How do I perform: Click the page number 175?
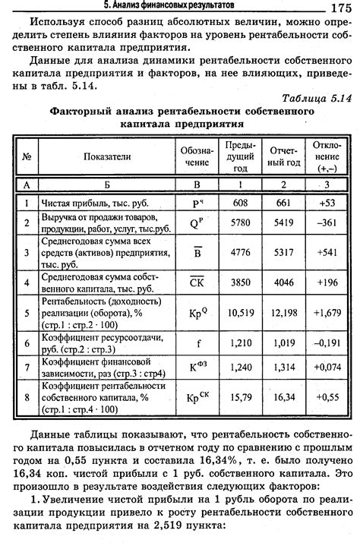click(x=339, y=8)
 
